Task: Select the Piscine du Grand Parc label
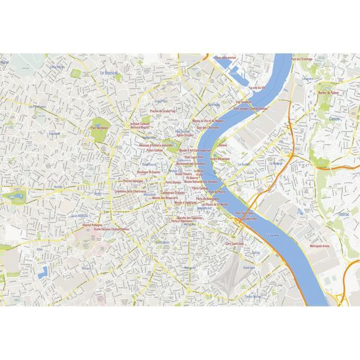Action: pos(164,111)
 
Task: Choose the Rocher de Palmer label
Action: pos(327,94)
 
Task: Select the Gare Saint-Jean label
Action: pos(236,244)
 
